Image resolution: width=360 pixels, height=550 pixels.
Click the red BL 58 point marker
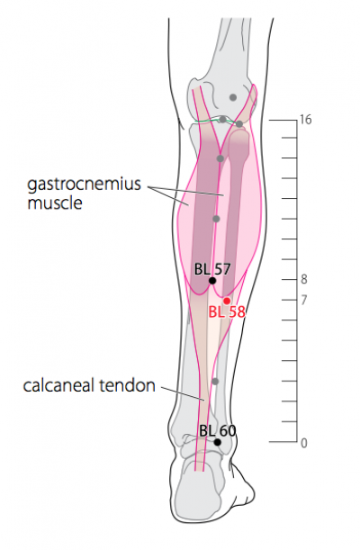(x=227, y=301)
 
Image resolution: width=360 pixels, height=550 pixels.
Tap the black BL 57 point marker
(x=212, y=281)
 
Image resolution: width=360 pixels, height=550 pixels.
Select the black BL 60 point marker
(x=218, y=442)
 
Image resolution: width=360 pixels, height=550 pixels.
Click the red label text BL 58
(x=227, y=311)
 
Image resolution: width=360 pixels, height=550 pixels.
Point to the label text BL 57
(x=212, y=269)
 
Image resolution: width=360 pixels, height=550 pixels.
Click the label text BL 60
(x=217, y=431)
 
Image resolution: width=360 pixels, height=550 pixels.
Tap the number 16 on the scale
(x=305, y=120)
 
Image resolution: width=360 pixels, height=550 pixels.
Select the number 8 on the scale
(x=304, y=280)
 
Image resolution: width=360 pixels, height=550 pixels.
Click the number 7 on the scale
(x=304, y=301)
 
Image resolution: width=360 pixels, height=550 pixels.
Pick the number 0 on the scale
(x=304, y=443)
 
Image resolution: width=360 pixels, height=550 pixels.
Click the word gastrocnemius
(x=84, y=185)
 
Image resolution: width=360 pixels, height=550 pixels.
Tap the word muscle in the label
(x=55, y=203)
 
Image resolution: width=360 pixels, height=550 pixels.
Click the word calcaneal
(x=59, y=385)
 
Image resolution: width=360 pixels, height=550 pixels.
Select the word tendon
(x=128, y=385)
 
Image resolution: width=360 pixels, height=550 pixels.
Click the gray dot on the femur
(x=233, y=97)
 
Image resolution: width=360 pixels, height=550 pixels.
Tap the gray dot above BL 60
(x=215, y=382)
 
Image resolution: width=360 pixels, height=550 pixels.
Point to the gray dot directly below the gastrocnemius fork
(x=220, y=158)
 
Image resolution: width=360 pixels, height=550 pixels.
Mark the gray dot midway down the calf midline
(x=216, y=219)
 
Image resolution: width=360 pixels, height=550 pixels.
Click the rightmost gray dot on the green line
(x=239, y=124)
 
